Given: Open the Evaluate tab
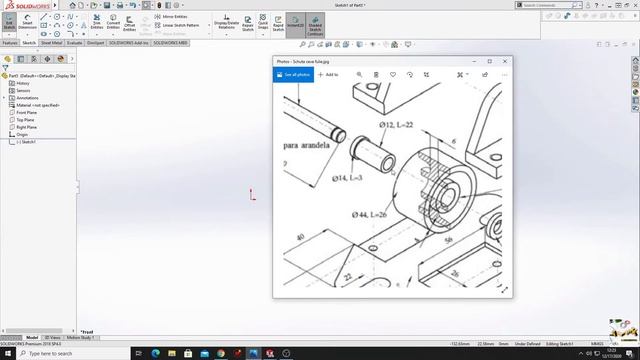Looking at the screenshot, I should pos(74,43).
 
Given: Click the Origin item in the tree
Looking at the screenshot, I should pos(23,134).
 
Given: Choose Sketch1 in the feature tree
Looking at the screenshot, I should pos(27,142).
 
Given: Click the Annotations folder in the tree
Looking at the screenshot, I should pos(27,98).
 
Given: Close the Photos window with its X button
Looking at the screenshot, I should pos(504,61).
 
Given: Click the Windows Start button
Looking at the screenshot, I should pos(7,353).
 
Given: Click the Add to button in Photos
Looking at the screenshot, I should pos(328,74).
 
